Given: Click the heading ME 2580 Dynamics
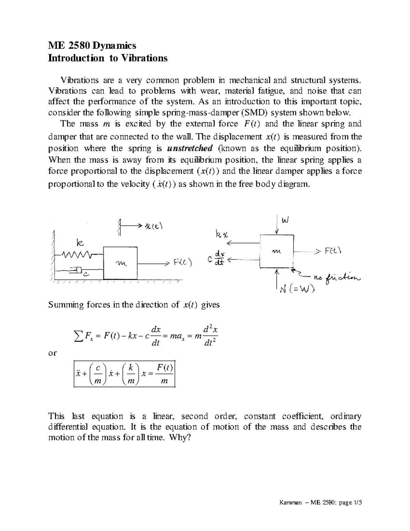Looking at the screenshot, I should [x=92, y=45].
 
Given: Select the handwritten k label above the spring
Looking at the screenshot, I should [x=79, y=243].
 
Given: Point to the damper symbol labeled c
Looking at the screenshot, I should [x=77, y=271].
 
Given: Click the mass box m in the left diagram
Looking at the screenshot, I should [x=121, y=263].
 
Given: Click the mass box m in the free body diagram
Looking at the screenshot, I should [x=276, y=251].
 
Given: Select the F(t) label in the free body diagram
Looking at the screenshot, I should [x=333, y=251].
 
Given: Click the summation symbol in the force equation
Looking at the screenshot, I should [x=77, y=337].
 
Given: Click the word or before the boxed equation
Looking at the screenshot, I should [x=53, y=353].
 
